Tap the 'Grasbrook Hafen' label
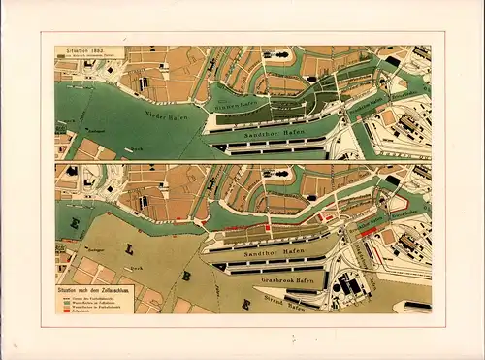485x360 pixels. (x=286, y=277)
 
